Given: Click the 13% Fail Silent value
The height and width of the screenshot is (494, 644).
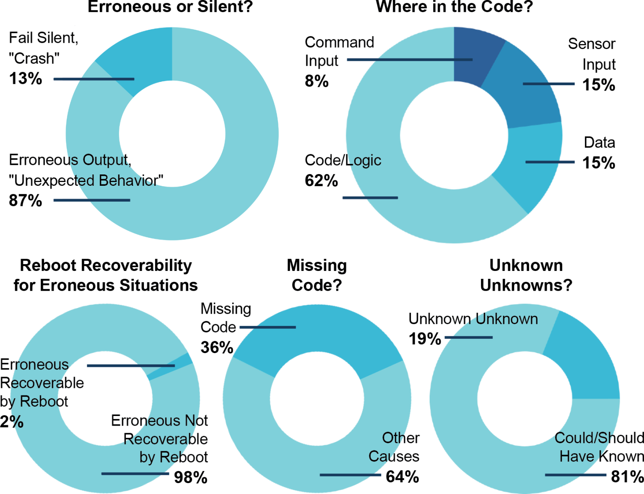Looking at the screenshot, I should [x=26, y=79].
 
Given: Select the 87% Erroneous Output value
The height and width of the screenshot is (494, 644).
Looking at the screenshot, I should [x=26, y=200].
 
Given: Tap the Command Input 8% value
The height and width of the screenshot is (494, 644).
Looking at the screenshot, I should [x=317, y=81].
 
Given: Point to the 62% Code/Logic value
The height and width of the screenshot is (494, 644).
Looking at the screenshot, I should [x=321, y=181].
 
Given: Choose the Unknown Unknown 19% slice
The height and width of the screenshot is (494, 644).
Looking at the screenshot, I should [x=583, y=356].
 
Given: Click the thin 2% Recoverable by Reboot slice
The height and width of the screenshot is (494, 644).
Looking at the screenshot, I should [x=170, y=367].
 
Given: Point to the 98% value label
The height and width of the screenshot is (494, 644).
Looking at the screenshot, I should [x=191, y=477].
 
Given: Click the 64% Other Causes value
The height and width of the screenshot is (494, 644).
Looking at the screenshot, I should [x=402, y=477].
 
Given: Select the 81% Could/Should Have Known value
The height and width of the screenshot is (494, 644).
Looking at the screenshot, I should [x=627, y=477].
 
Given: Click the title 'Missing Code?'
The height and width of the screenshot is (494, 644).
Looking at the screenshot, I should [x=317, y=275].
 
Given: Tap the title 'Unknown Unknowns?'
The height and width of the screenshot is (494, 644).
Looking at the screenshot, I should [x=526, y=275].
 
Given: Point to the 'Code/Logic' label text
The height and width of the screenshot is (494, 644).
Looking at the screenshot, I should [x=343, y=160].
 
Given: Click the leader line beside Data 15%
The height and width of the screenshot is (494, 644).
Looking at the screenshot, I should [x=550, y=162].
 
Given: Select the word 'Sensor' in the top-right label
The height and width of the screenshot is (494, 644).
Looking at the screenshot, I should [x=591, y=44].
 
